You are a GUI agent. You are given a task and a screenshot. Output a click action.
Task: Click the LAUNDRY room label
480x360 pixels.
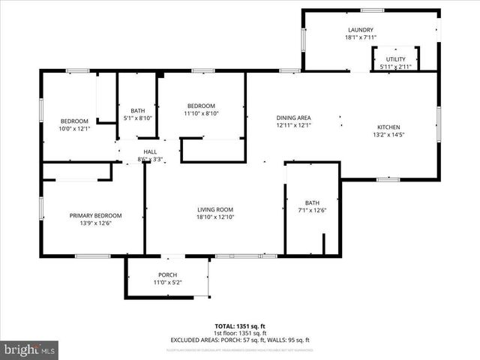click(360, 30)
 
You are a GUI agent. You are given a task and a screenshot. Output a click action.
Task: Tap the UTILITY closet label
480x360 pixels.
click(395, 59)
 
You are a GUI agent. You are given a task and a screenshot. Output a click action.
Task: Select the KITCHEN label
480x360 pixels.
click(388, 127)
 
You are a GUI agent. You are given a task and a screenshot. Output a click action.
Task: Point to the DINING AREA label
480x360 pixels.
click(293, 118)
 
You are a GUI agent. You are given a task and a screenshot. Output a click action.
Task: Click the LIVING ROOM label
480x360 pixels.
click(215, 209)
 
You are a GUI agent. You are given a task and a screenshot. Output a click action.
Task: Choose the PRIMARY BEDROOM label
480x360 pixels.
click(95, 215)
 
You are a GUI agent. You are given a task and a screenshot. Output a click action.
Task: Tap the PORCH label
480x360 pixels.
click(167, 274)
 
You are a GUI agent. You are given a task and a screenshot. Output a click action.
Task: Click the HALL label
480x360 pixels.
click(150, 151)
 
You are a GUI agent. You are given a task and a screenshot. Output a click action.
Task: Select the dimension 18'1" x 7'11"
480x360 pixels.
click(360, 37)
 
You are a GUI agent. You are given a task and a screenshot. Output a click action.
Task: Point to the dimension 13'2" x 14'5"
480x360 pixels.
click(388, 135)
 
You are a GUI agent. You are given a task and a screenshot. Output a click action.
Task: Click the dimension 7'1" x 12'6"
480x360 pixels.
click(312, 210)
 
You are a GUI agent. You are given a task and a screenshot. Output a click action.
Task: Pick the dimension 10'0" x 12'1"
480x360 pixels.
click(74, 128)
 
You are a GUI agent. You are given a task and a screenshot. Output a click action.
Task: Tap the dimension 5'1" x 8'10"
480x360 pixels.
click(137, 118)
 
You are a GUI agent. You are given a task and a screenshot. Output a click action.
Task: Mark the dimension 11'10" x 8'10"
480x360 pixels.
click(201, 113)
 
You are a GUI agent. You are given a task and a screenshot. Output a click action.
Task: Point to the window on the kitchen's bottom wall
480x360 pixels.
click(388, 179)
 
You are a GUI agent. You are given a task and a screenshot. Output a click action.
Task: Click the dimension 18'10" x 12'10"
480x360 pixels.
click(215, 217)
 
